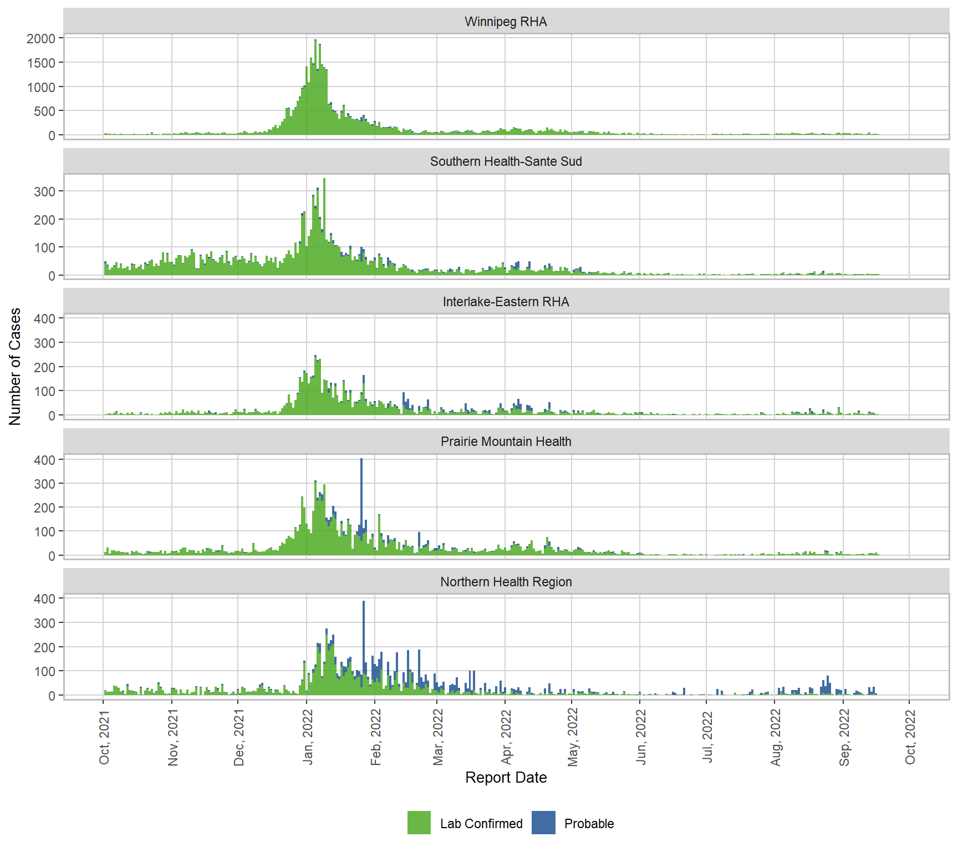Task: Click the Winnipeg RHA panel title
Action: click(x=506, y=22)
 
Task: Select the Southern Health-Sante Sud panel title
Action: click(x=506, y=161)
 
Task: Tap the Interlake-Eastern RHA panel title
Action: click(x=506, y=302)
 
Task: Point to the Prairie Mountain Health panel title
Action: click(x=506, y=442)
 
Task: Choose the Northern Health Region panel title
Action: click(x=506, y=582)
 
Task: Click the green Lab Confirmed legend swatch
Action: click(x=419, y=823)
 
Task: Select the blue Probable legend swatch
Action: click(x=543, y=823)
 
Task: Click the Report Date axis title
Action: click(x=506, y=778)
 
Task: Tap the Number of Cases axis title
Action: click(x=15, y=366)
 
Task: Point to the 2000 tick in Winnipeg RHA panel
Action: click(x=41, y=39)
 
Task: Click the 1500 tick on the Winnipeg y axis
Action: click(x=41, y=63)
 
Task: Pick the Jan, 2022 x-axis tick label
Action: click(x=308, y=738)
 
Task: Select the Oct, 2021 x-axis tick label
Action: click(x=104, y=738)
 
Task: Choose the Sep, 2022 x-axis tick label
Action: click(x=844, y=738)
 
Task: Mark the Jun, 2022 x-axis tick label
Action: click(x=641, y=738)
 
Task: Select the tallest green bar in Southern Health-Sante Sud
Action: click(x=324, y=222)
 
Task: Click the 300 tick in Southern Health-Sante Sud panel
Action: click(x=44, y=192)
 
